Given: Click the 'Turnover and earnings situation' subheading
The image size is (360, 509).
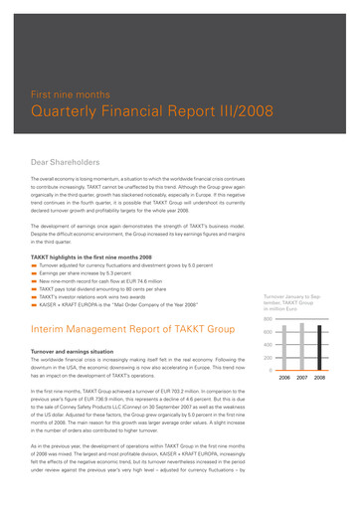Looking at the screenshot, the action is coord(81,351).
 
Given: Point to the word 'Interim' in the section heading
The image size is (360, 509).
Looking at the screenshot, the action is coord(50,328).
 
